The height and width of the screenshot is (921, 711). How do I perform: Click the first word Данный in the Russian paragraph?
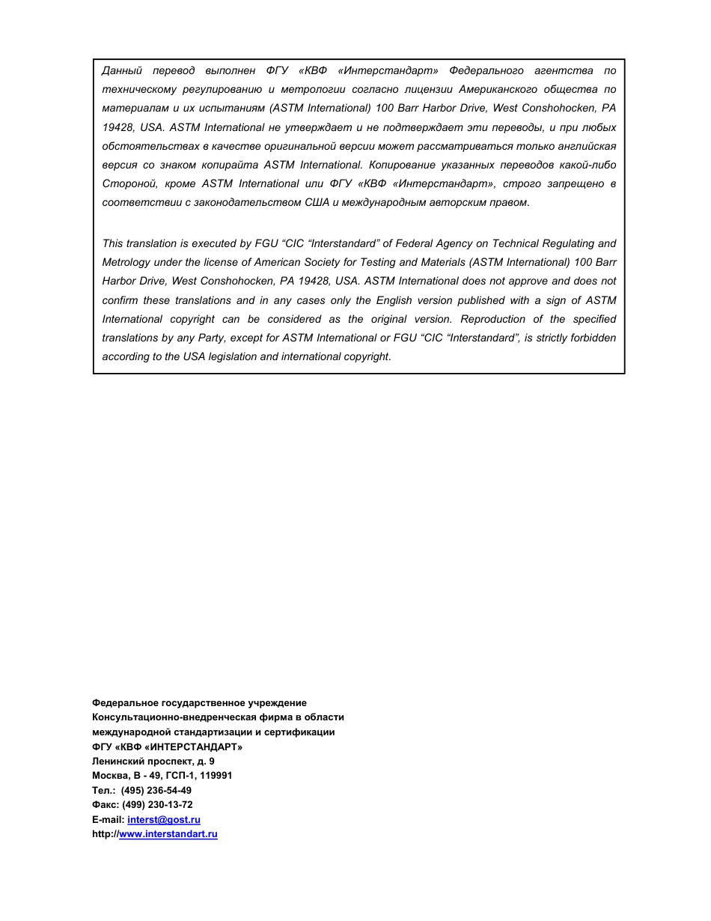(122, 70)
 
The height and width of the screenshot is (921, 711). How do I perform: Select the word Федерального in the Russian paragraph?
(486, 70)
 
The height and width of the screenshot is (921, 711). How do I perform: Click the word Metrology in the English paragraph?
(126, 262)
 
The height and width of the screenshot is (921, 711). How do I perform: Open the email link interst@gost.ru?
(164, 820)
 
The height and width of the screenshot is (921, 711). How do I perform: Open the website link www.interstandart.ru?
(168, 834)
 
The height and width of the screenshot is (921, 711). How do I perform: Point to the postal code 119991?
(214, 776)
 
